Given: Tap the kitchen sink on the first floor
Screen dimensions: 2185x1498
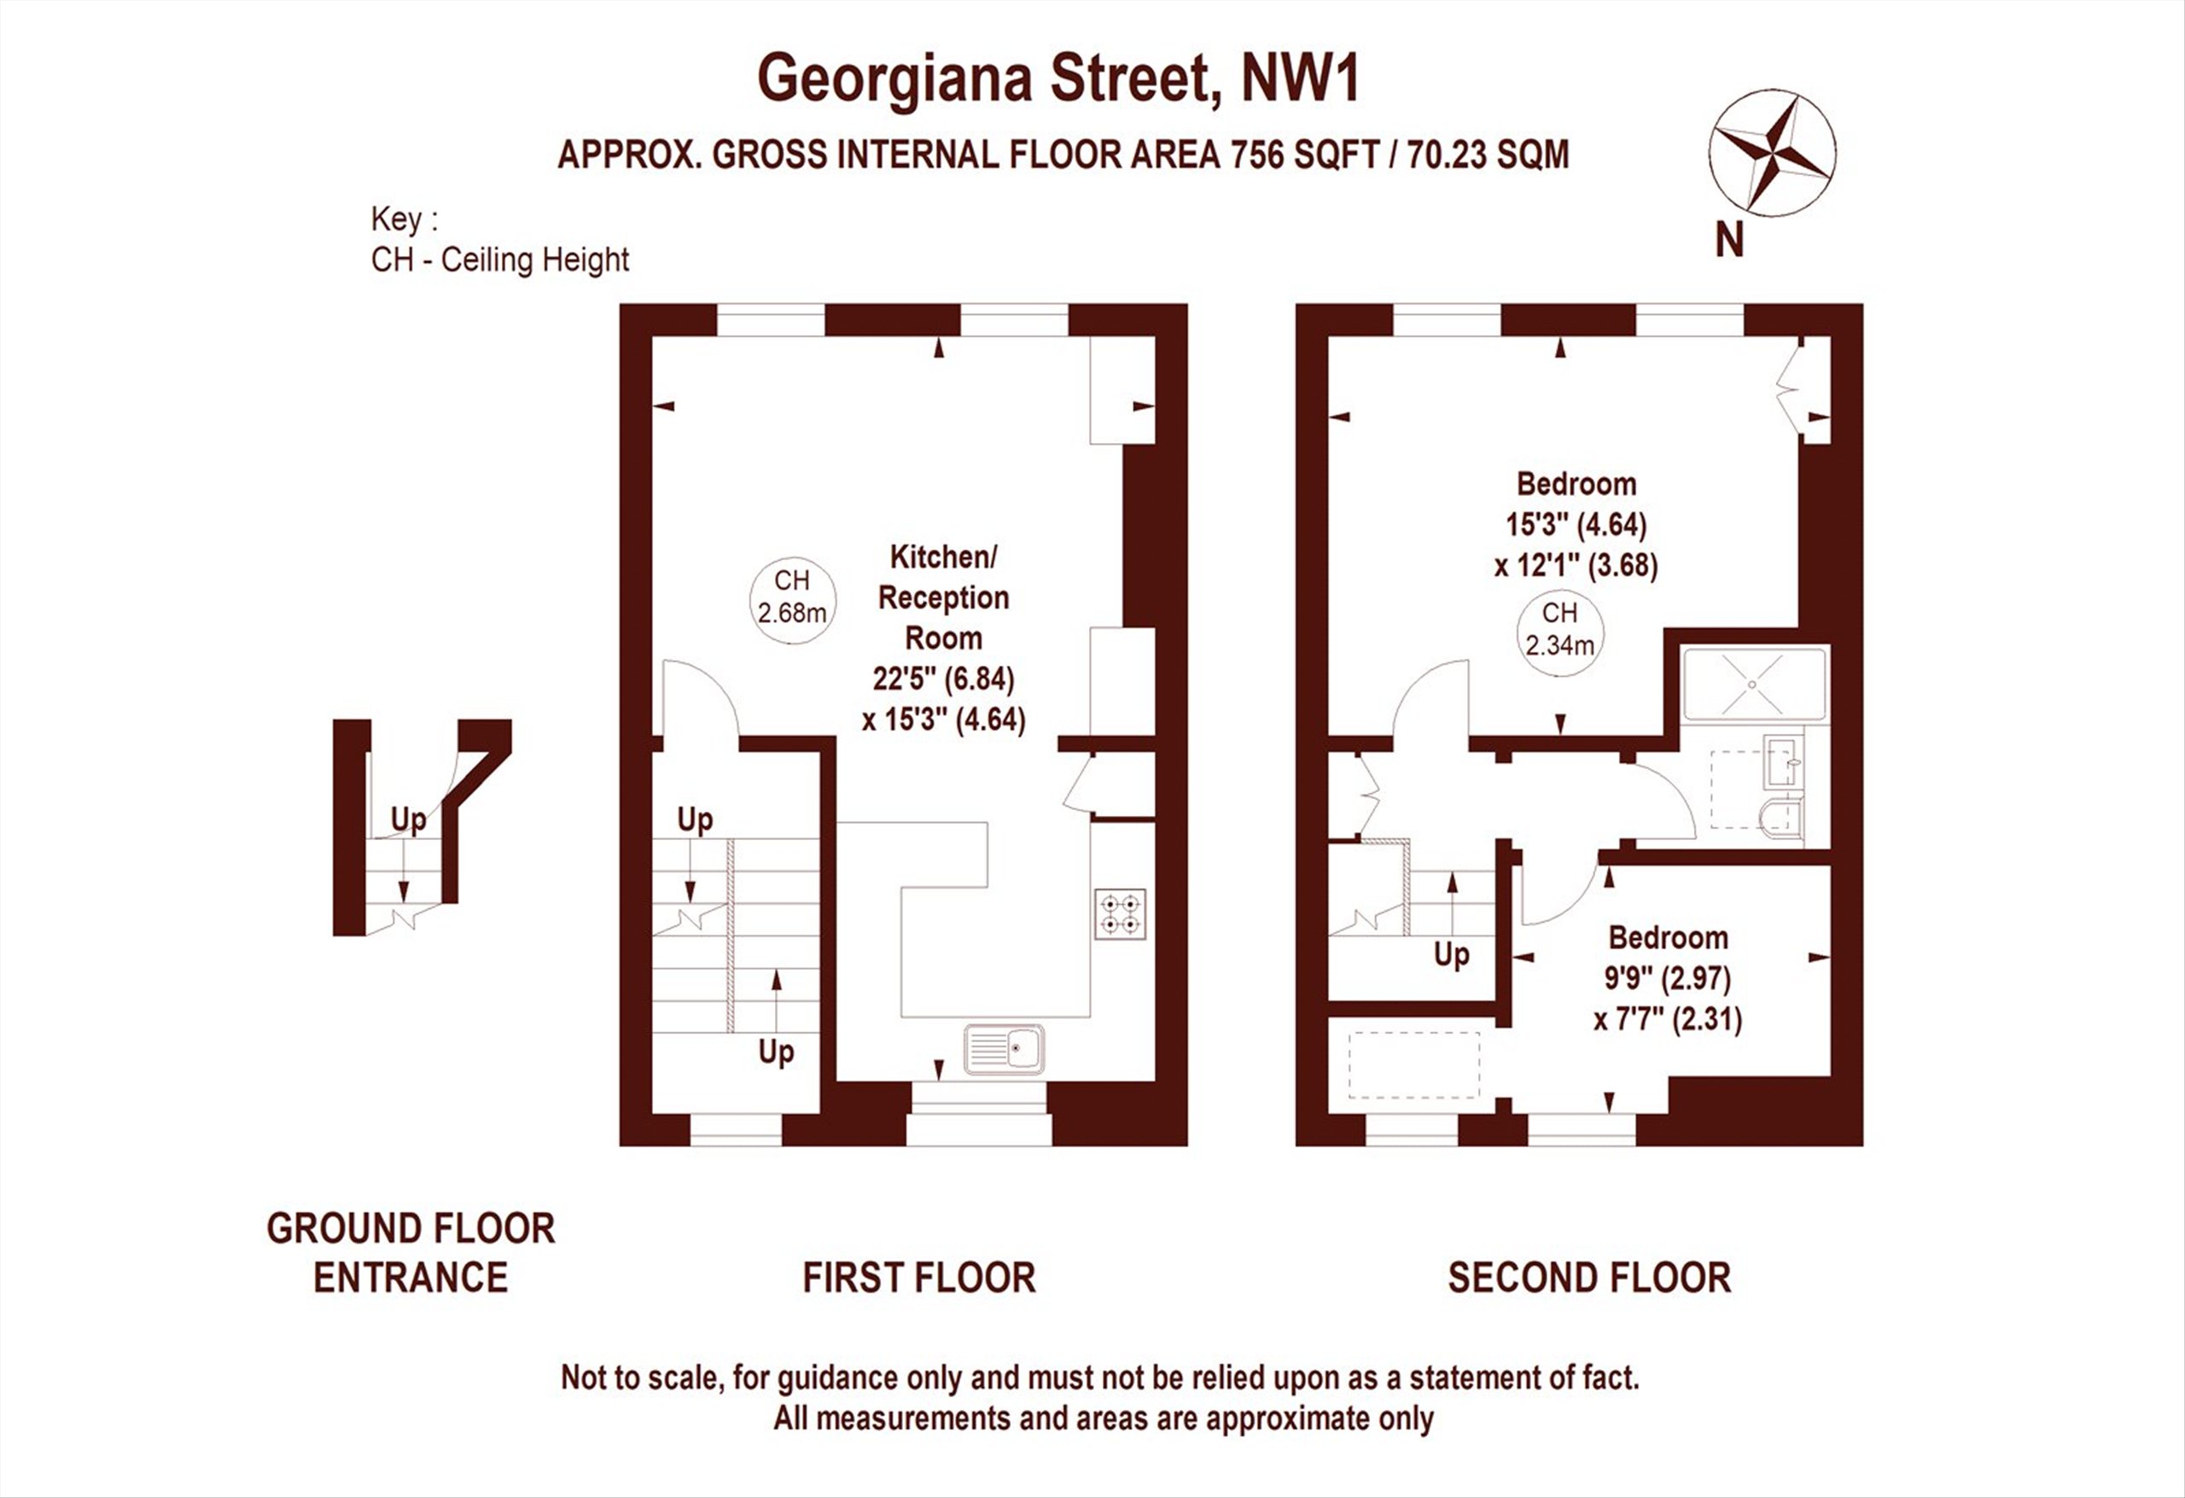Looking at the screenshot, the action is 1004,1048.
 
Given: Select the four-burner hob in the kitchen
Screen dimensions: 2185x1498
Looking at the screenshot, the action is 1121,914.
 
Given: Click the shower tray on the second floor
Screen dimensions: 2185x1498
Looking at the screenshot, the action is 1754,684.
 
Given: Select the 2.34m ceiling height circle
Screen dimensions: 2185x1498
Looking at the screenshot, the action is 1559,630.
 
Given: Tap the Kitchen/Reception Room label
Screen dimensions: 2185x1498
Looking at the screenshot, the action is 943,597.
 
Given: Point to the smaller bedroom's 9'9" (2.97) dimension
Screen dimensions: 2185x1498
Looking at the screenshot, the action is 1668,979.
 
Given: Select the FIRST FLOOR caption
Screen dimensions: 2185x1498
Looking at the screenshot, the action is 918,1278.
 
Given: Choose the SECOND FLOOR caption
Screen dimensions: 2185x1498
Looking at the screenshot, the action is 1589,1278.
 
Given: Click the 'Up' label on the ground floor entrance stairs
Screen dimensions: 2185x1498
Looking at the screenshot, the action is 408,820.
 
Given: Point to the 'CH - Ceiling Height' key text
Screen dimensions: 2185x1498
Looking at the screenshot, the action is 500,259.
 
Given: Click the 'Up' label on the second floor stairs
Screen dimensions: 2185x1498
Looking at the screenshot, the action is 1452,955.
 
